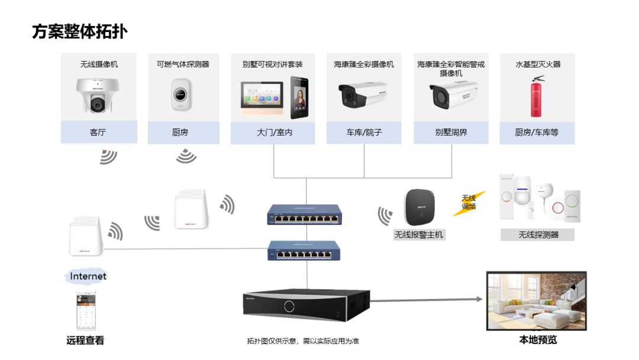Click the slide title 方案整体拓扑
79,31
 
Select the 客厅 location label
98,133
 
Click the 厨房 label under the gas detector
180,133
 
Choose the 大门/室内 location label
275,133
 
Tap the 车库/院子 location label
363,133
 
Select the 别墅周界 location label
451,133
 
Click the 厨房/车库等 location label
537,133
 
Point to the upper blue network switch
306,215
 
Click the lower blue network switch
306,250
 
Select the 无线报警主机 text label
419,235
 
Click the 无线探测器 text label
538,235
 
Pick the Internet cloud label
88,277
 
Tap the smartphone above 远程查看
86,311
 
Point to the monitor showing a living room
536,301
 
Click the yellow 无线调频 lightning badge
469,202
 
